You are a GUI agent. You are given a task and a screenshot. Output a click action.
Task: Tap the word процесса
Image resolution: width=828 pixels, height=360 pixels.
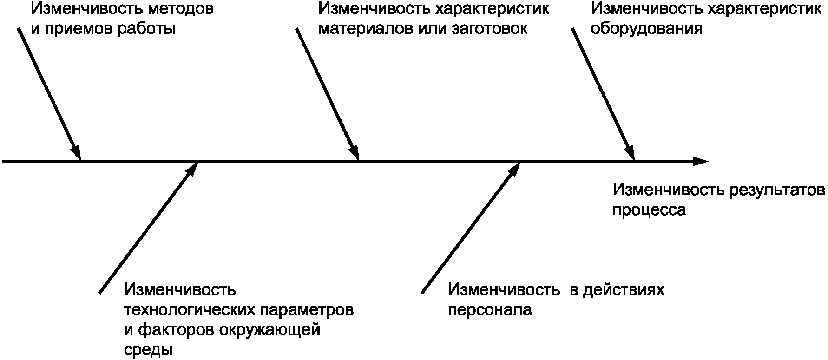649,210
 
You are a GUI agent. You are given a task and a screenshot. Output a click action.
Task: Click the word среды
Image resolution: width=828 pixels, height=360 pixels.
148,350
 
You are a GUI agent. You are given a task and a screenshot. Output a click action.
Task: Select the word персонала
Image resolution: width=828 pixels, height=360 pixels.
490,310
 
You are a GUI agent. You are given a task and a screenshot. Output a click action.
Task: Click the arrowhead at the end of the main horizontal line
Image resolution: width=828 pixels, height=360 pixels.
701,162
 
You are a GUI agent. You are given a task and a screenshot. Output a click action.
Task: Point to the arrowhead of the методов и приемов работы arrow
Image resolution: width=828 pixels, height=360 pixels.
76,153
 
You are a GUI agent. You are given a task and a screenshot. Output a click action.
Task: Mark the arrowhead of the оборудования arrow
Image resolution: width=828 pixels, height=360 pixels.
630,153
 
